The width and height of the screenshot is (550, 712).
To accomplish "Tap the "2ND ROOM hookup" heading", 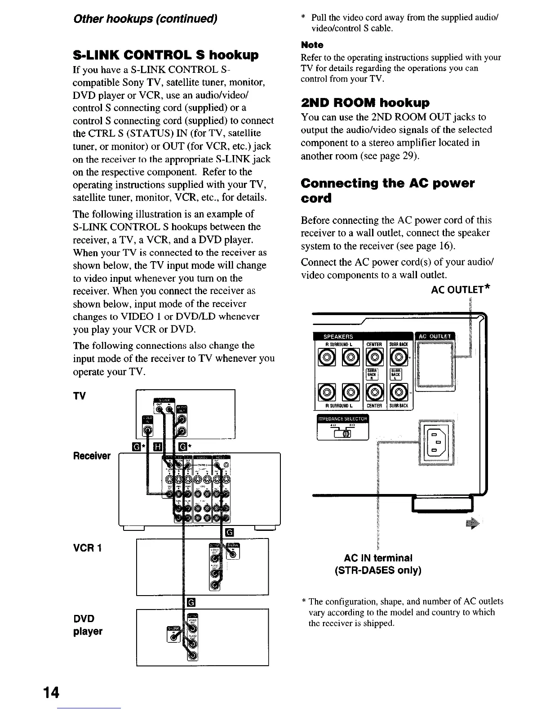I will (365, 102).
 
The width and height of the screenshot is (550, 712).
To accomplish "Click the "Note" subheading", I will (312, 45).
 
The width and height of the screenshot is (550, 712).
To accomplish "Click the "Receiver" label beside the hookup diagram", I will (92, 456).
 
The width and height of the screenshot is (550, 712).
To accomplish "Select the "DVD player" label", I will (88, 625).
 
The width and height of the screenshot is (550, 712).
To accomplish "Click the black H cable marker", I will (158, 446).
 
